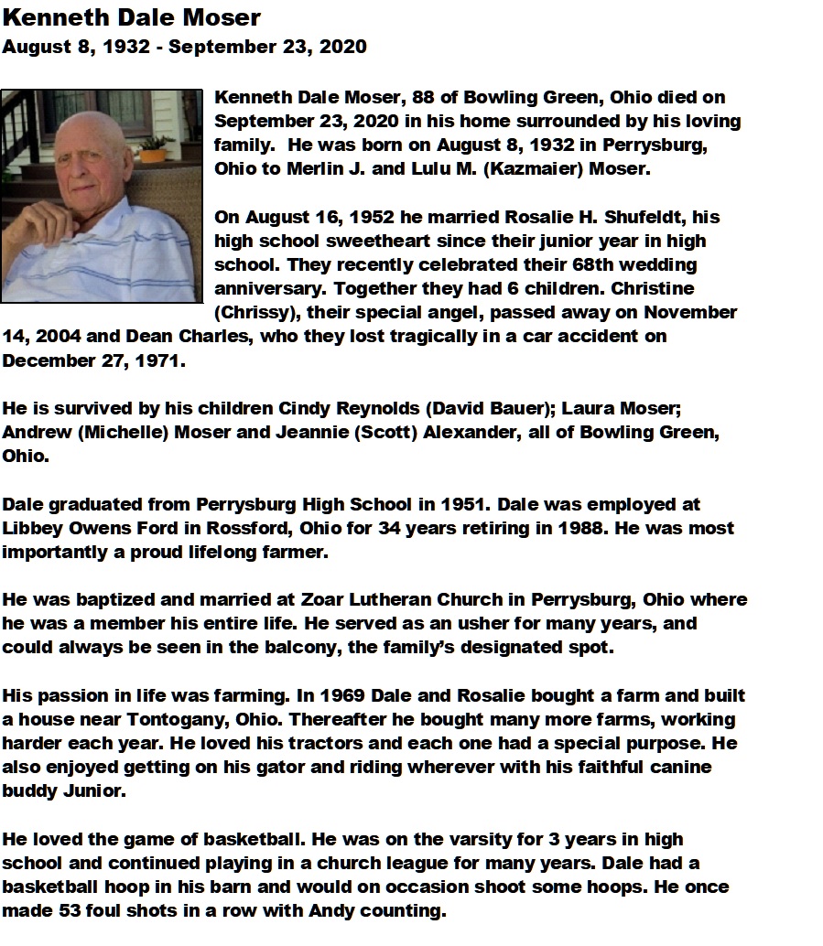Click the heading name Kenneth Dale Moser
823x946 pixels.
pos(132,17)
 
